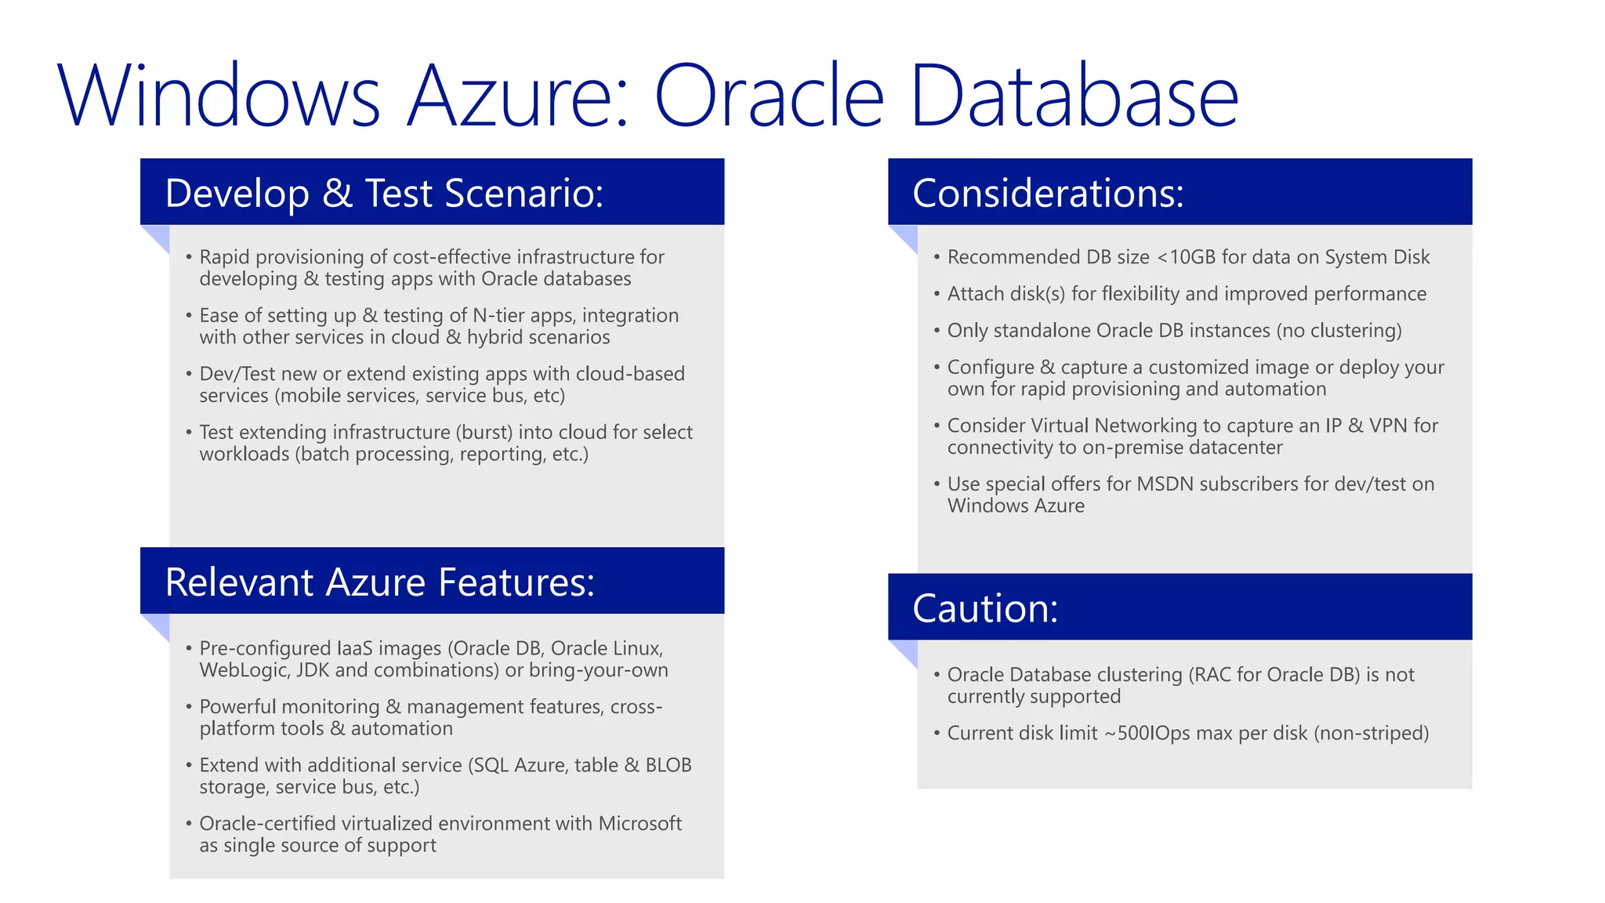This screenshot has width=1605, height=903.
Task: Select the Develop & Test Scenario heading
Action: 384,193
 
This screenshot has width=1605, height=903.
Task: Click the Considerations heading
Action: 1048,193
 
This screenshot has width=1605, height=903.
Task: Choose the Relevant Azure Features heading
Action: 380,582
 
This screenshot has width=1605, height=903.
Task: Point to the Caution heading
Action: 985,608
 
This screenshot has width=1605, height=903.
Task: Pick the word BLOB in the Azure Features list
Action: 668,765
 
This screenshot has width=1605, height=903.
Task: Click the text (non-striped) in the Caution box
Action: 1371,733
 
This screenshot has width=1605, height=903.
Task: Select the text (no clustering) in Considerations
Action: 1339,331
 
